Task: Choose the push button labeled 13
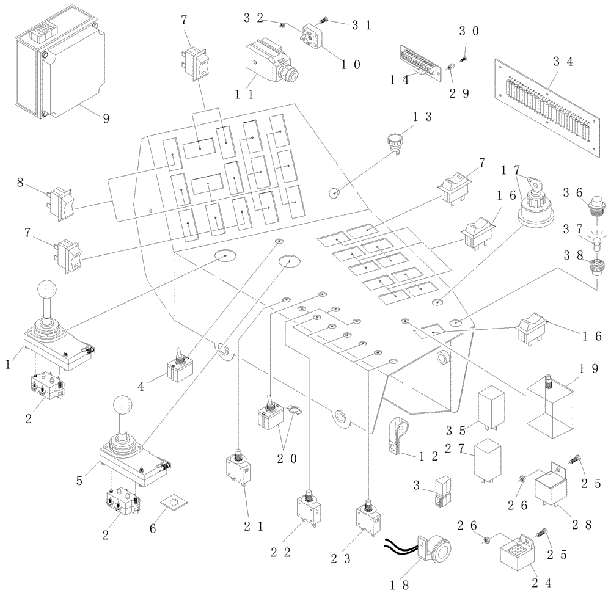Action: point(391,142)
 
